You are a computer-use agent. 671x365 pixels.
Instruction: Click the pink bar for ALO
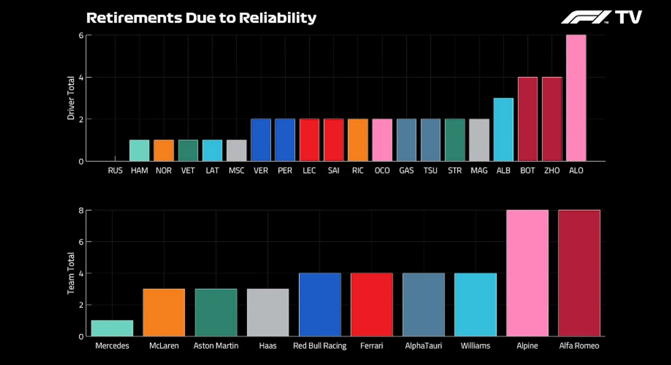576,98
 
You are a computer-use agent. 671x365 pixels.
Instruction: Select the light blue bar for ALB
503,130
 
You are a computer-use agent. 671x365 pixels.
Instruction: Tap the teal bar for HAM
139,150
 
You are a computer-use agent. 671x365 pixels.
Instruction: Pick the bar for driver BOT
528,119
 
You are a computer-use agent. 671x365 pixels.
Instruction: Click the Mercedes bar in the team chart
112,328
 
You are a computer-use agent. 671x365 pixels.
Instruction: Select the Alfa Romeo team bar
579,273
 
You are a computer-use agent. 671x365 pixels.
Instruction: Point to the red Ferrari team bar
371,305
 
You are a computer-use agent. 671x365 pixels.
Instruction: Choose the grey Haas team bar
268,313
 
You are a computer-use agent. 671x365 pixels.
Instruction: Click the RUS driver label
115,171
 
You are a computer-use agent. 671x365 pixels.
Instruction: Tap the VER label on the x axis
261,171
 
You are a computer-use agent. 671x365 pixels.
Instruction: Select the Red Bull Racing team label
320,346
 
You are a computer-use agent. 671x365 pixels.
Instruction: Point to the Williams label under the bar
475,346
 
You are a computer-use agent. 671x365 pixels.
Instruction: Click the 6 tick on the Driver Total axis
81,35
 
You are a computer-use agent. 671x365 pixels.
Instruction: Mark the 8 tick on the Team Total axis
81,211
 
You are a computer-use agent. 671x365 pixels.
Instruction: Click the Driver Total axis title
71,98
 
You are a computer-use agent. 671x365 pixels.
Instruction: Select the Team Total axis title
71,274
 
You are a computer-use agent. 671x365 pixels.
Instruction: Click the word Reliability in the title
279,18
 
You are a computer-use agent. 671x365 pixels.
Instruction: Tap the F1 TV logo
601,17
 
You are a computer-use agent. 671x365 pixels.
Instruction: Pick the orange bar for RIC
358,140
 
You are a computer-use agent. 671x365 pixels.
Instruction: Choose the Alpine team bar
527,273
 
